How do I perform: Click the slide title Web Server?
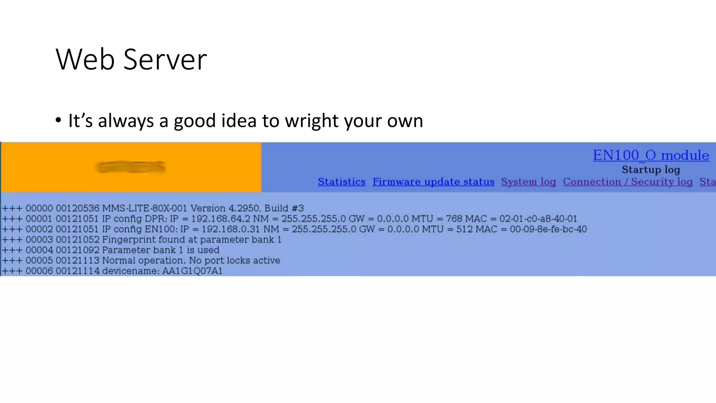point(131,59)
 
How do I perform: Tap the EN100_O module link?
point(651,155)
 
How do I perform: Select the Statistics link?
point(342,182)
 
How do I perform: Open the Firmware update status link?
point(433,182)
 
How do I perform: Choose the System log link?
point(528,182)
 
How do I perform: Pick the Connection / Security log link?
point(628,182)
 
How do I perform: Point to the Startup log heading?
point(651,170)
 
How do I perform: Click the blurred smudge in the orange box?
point(130,167)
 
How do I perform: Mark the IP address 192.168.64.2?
point(221,219)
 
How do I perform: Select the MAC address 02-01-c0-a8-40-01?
point(538,219)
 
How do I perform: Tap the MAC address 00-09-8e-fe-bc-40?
point(548,229)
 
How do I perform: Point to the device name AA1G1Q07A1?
point(192,271)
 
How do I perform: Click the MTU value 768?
point(454,219)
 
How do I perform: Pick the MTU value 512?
point(464,229)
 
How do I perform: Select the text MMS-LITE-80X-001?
point(144,208)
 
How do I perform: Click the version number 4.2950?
point(244,208)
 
